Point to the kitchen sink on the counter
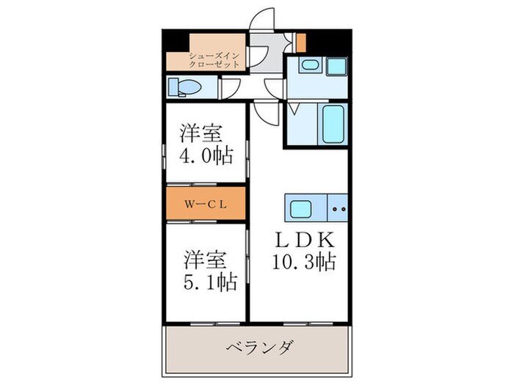coord(301,210)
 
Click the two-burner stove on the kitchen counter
coord(339,210)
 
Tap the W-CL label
coord(204,205)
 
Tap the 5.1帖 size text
coord(209,281)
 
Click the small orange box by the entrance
coord(300,43)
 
